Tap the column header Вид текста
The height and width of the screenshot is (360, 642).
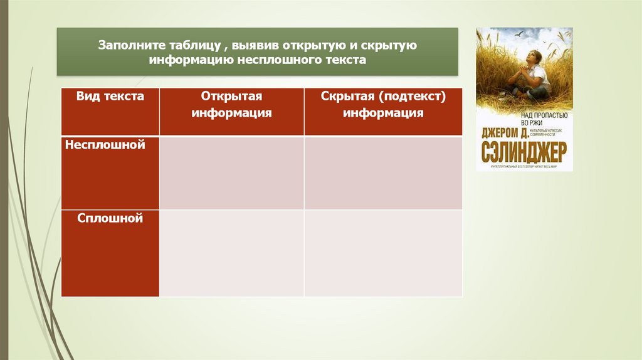pyautogui.click(x=110, y=97)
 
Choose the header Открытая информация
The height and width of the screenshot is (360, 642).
pyautogui.click(x=232, y=105)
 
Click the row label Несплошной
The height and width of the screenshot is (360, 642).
pyautogui.click(x=110, y=145)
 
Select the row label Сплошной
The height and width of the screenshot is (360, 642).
pyautogui.click(x=110, y=218)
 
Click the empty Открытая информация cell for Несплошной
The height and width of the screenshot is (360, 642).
pyautogui.click(x=232, y=173)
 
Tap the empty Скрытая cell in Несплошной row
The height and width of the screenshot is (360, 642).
pyautogui.click(x=383, y=173)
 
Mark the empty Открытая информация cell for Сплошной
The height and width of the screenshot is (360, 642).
pyautogui.click(x=232, y=253)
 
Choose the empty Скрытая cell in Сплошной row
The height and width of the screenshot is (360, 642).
pyautogui.click(x=383, y=253)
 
